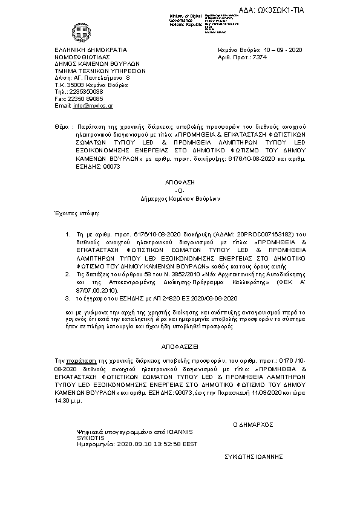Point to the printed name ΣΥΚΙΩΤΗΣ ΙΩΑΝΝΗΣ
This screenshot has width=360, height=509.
point(254,457)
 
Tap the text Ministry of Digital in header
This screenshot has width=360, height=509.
point(185,15)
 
